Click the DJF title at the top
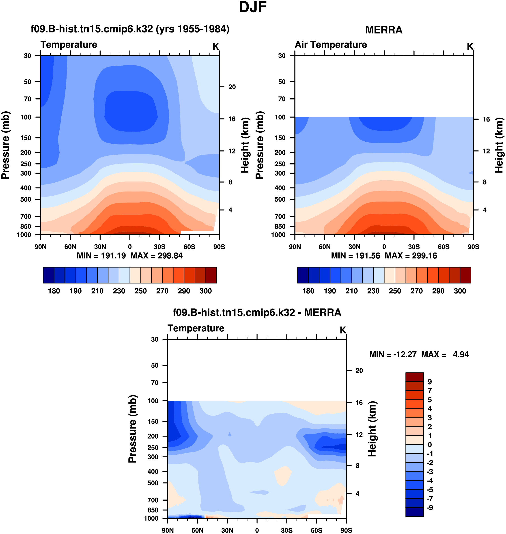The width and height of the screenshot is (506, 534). pyautogui.click(x=253, y=7)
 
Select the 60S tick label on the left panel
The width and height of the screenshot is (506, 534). pyautogui.click(x=189, y=247)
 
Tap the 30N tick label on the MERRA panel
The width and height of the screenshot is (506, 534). pyautogui.click(x=354, y=247)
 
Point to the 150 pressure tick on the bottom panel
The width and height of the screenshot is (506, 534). pyautogui.click(x=153, y=422)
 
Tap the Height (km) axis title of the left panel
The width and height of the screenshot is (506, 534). pyautogui.click(x=245, y=145)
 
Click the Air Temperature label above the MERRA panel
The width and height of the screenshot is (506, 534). pyautogui.click(x=331, y=45)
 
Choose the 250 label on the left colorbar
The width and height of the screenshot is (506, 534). pyautogui.click(x=140, y=291)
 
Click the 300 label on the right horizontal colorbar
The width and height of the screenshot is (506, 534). pyautogui.click(x=460, y=291)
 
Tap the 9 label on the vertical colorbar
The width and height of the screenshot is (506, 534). pyautogui.click(x=430, y=382)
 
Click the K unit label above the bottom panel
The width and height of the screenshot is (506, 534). pyautogui.click(x=343, y=330)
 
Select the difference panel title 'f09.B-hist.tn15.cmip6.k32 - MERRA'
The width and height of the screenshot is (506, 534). pyautogui.click(x=257, y=312)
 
